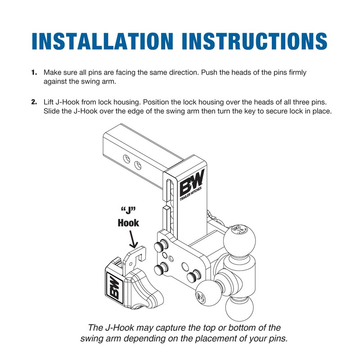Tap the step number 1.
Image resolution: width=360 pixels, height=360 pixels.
[x=34, y=72]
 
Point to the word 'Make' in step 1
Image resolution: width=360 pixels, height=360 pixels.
[x=51, y=72]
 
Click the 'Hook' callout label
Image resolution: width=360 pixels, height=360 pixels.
[x=128, y=222]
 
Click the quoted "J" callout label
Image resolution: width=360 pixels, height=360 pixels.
[x=129, y=210]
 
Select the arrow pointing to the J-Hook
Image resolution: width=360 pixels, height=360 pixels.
[x=132, y=238]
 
